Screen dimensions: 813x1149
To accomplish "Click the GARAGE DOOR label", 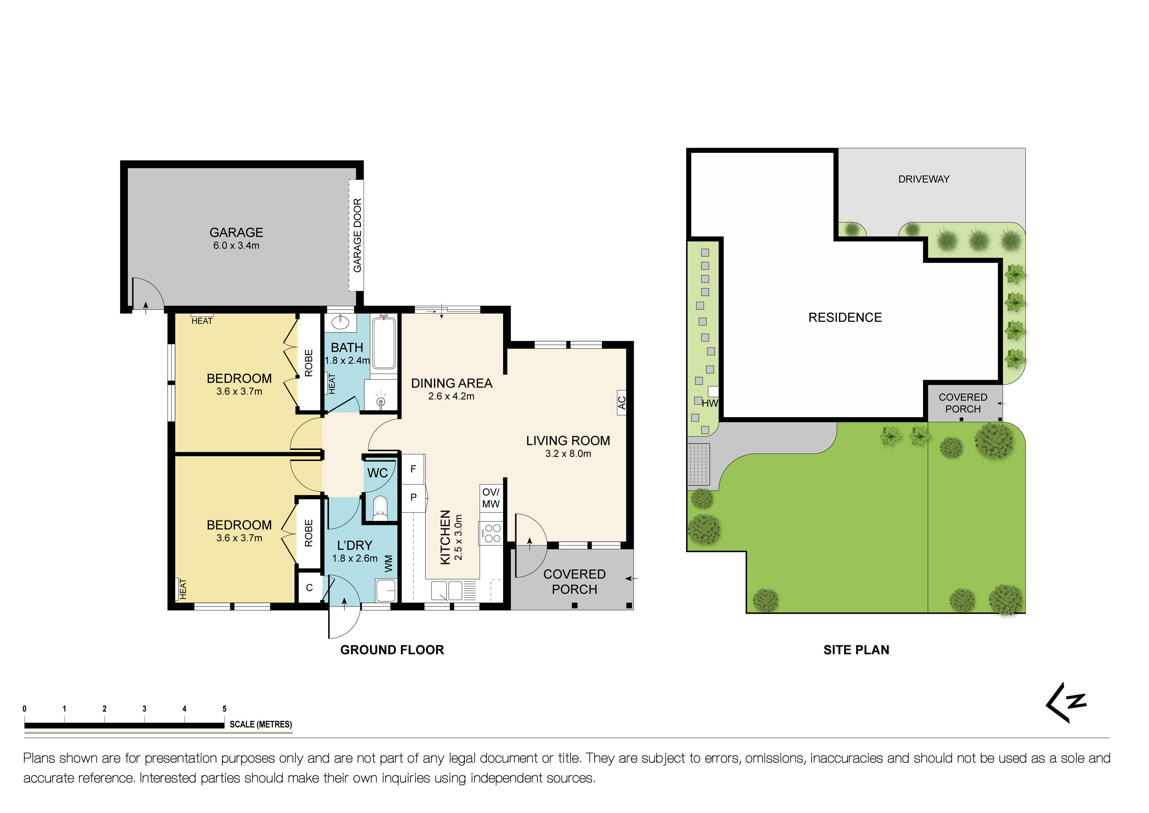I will (x=357, y=235).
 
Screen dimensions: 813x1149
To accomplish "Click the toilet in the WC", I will (x=380, y=507).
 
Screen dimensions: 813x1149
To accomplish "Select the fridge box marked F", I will (x=413, y=469).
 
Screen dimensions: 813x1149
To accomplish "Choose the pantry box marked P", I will (x=413, y=498).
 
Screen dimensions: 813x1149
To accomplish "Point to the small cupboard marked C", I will (x=309, y=588).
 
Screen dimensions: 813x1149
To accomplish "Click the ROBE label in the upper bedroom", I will (x=309, y=363).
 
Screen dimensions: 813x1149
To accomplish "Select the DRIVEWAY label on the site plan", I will (x=923, y=179).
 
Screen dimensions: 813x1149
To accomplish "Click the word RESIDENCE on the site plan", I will (x=845, y=317).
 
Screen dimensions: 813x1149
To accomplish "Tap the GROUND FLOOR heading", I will (x=392, y=650).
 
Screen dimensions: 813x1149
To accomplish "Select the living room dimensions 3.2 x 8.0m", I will (x=568, y=454).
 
